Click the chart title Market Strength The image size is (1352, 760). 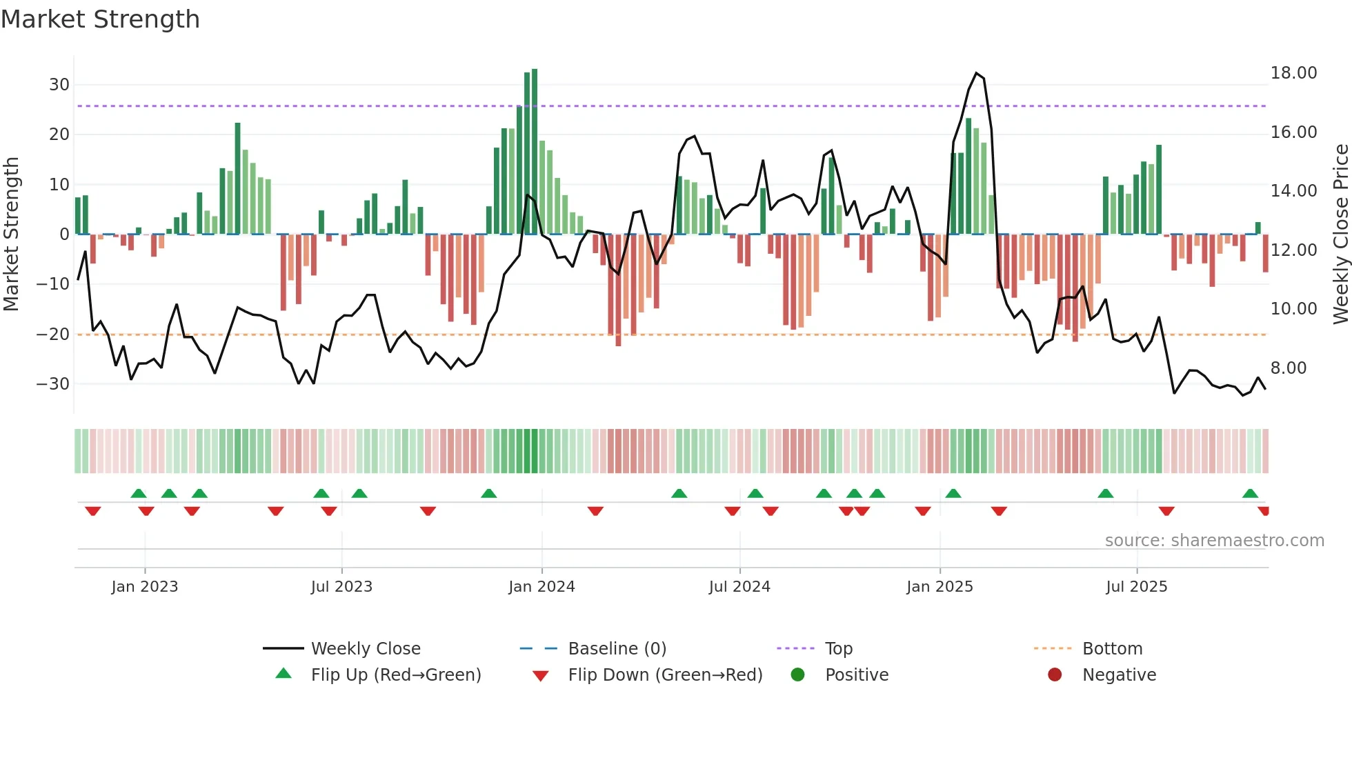(100, 19)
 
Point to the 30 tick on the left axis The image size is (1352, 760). (59, 85)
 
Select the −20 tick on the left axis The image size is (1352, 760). (53, 334)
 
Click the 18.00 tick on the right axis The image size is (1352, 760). (1293, 73)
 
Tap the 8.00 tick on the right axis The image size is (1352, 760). (1289, 368)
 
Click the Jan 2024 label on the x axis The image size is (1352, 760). (541, 587)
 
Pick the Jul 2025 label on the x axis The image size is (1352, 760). (1136, 587)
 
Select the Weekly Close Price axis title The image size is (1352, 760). (1340, 234)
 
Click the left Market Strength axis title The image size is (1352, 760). (11, 234)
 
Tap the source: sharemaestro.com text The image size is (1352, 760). (1214, 541)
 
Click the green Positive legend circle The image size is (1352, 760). (797, 675)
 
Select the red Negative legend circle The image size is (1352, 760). (1055, 675)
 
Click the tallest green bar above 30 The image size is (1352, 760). (535, 152)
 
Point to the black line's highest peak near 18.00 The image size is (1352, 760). (976, 73)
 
